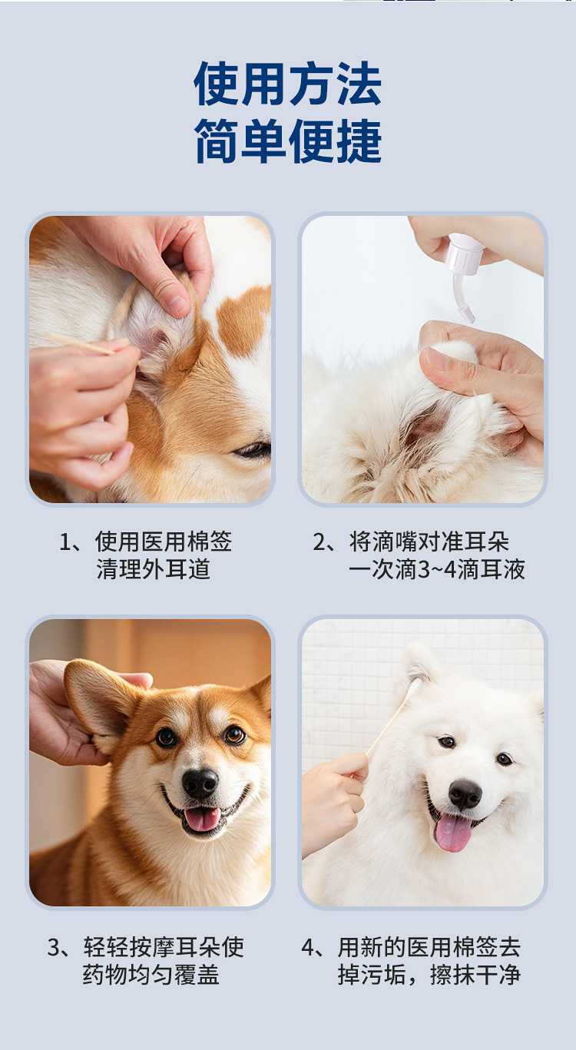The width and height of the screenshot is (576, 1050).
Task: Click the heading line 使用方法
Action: pyautogui.click(x=288, y=84)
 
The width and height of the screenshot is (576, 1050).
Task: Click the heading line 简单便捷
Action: pyautogui.click(x=288, y=141)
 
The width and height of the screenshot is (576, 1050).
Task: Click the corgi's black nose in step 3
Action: pyautogui.click(x=200, y=783)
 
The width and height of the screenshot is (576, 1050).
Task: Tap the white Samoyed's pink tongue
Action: pyautogui.click(x=453, y=833)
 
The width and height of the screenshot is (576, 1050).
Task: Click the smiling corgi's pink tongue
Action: pyautogui.click(x=202, y=819)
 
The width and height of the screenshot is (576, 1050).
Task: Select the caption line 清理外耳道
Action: pyautogui.click(x=154, y=569)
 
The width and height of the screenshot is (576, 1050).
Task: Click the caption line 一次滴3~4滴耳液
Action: pyautogui.click(x=436, y=569)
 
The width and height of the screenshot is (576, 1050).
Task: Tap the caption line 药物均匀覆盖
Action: pyautogui.click(x=151, y=975)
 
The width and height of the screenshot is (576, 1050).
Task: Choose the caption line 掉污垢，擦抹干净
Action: pyautogui.click(x=429, y=975)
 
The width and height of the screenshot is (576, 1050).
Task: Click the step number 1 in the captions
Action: pyautogui.click(x=65, y=542)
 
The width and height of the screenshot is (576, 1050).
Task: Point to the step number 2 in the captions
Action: pyautogui.click(x=319, y=542)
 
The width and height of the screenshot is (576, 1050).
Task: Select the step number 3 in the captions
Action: pyautogui.click(x=54, y=947)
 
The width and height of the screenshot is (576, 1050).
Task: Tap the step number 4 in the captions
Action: pyautogui.click(x=308, y=947)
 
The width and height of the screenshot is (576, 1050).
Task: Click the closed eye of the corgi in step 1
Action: pyautogui.click(x=253, y=450)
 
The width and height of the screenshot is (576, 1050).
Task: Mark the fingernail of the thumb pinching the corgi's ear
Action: pyautogui.click(x=178, y=306)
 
